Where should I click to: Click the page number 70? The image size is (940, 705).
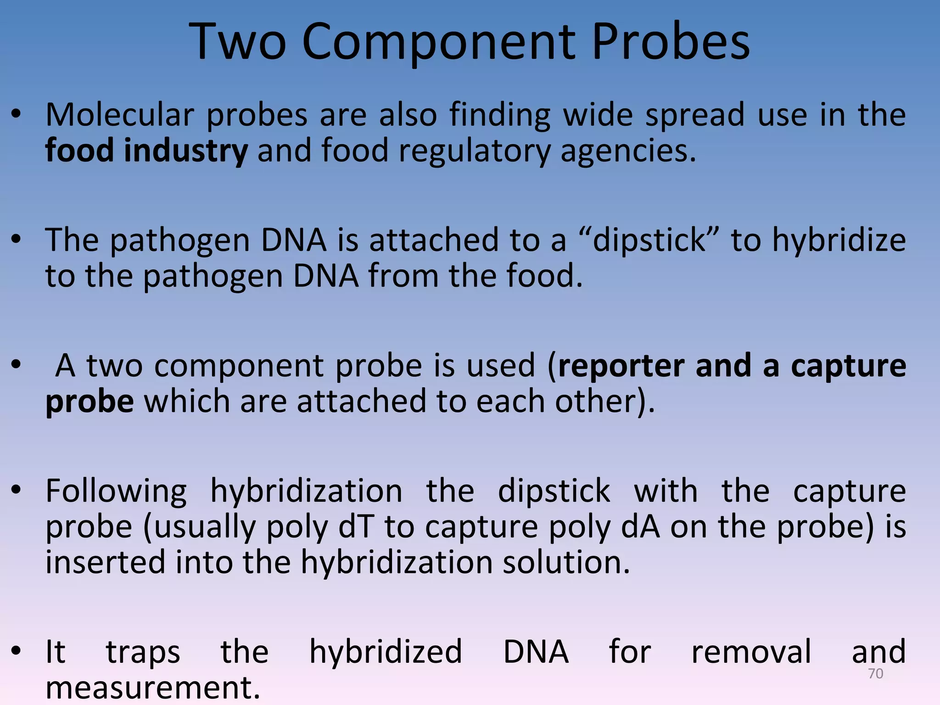click(x=876, y=673)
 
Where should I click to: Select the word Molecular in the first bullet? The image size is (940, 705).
click(x=119, y=115)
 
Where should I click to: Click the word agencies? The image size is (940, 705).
click(x=628, y=151)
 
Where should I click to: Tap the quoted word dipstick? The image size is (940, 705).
click(x=649, y=240)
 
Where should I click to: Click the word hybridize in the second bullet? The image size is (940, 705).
click(x=839, y=240)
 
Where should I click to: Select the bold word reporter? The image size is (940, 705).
click(x=621, y=366)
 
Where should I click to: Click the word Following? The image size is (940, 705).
click(x=116, y=491)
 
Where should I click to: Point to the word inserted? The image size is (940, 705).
click(x=105, y=562)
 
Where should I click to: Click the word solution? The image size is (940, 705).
click(x=566, y=562)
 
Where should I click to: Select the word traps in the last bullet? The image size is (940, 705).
click(x=143, y=652)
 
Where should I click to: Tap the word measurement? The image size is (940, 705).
click(x=153, y=687)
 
